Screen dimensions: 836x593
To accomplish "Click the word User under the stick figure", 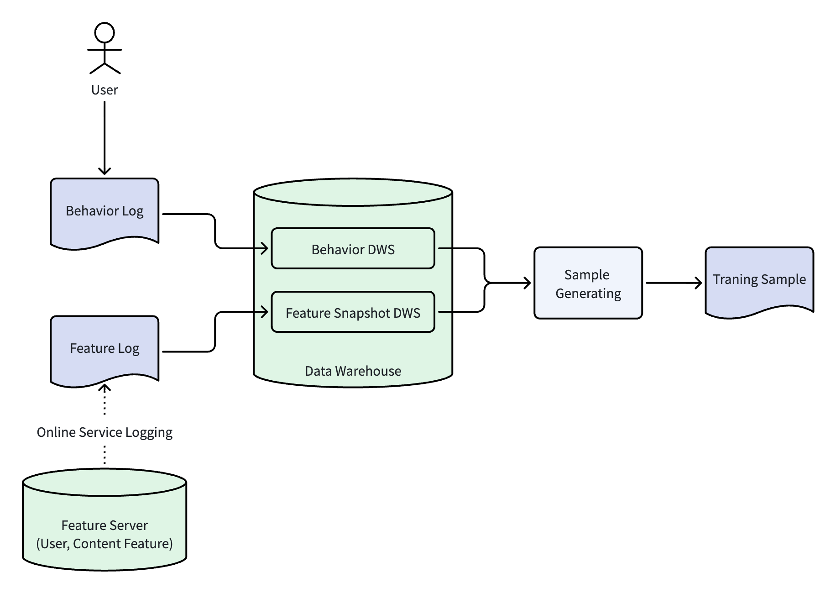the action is point(104,90).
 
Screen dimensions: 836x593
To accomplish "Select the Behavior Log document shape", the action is point(104,214).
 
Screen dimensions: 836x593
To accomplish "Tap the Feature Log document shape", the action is point(104,351).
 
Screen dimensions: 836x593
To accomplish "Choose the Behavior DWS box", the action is point(353,248).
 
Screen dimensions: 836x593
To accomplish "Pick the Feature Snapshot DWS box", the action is point(353,312).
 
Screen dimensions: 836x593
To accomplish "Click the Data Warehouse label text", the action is point(353,371).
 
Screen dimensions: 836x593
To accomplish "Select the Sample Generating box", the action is point(588,283).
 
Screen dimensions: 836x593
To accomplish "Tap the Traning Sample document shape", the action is point(759,283).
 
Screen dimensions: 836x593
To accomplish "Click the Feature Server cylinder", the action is point(104,520).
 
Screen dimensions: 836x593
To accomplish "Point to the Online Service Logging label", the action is point(104,432).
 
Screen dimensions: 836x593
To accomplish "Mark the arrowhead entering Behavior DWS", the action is point(264,248).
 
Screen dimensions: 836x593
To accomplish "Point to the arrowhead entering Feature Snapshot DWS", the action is point(264,312).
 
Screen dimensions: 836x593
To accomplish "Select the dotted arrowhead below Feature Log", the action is point(104,388).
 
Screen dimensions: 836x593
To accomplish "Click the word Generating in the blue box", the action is point(588,294).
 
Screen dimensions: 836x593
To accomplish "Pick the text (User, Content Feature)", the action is point(104,544).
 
